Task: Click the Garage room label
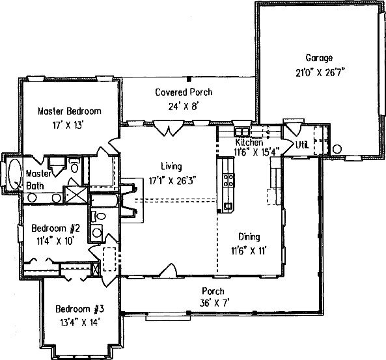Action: (x=319, y=58)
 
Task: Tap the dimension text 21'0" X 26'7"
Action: (x=320, y=73)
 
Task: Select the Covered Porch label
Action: (x=184, y=92)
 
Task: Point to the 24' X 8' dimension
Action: (x=184, y=106)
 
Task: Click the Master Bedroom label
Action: (x=70, y=111)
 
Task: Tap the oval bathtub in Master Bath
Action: (x=14, y=174)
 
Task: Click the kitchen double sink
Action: (x=242, y=132)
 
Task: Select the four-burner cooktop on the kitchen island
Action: (x=228, y=180)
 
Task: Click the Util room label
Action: (x=302, y=145)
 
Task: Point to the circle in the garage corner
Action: (x=337, y=149)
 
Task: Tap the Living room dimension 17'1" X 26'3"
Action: (x=172, y=181)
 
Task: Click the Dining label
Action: (x=249, y=237)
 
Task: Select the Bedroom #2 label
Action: (x=55, y=228)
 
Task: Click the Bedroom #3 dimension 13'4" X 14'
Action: (x=79, y=322)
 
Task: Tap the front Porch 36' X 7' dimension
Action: (x=214, y=303)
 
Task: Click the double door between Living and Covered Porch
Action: (x=169, y=128)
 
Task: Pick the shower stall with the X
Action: (x=76, y=195)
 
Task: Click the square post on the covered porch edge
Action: (x=189, y=79)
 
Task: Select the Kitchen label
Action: (x=249, y=142)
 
